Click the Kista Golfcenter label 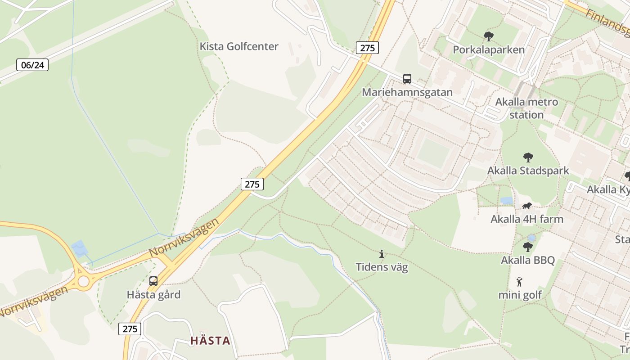(x=239, y=46)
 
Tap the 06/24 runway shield (x=32, y=65)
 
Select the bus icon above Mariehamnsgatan (x=407, y=79)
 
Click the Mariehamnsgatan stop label (x=407, y=92)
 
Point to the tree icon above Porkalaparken (x=488, y=36)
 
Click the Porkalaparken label (x=489, y=49)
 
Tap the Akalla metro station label (x=526, y=108)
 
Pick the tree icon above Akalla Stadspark (x=528, y=157)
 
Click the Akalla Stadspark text (x=528, y=171)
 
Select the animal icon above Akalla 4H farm (x=527, y=206)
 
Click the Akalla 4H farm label (x=527, y=219)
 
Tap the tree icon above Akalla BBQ (x=528, y=247)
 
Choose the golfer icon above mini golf (x=520, y=282)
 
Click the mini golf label (x=520, y=295)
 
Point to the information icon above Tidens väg (x=382, y=254)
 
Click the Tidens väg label (x=382, y=267)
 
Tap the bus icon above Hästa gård (x=153, y=281)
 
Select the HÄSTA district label (x=210, y=341)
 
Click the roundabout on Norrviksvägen (x=84, y=281)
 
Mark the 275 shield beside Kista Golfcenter (x=367, y=48)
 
